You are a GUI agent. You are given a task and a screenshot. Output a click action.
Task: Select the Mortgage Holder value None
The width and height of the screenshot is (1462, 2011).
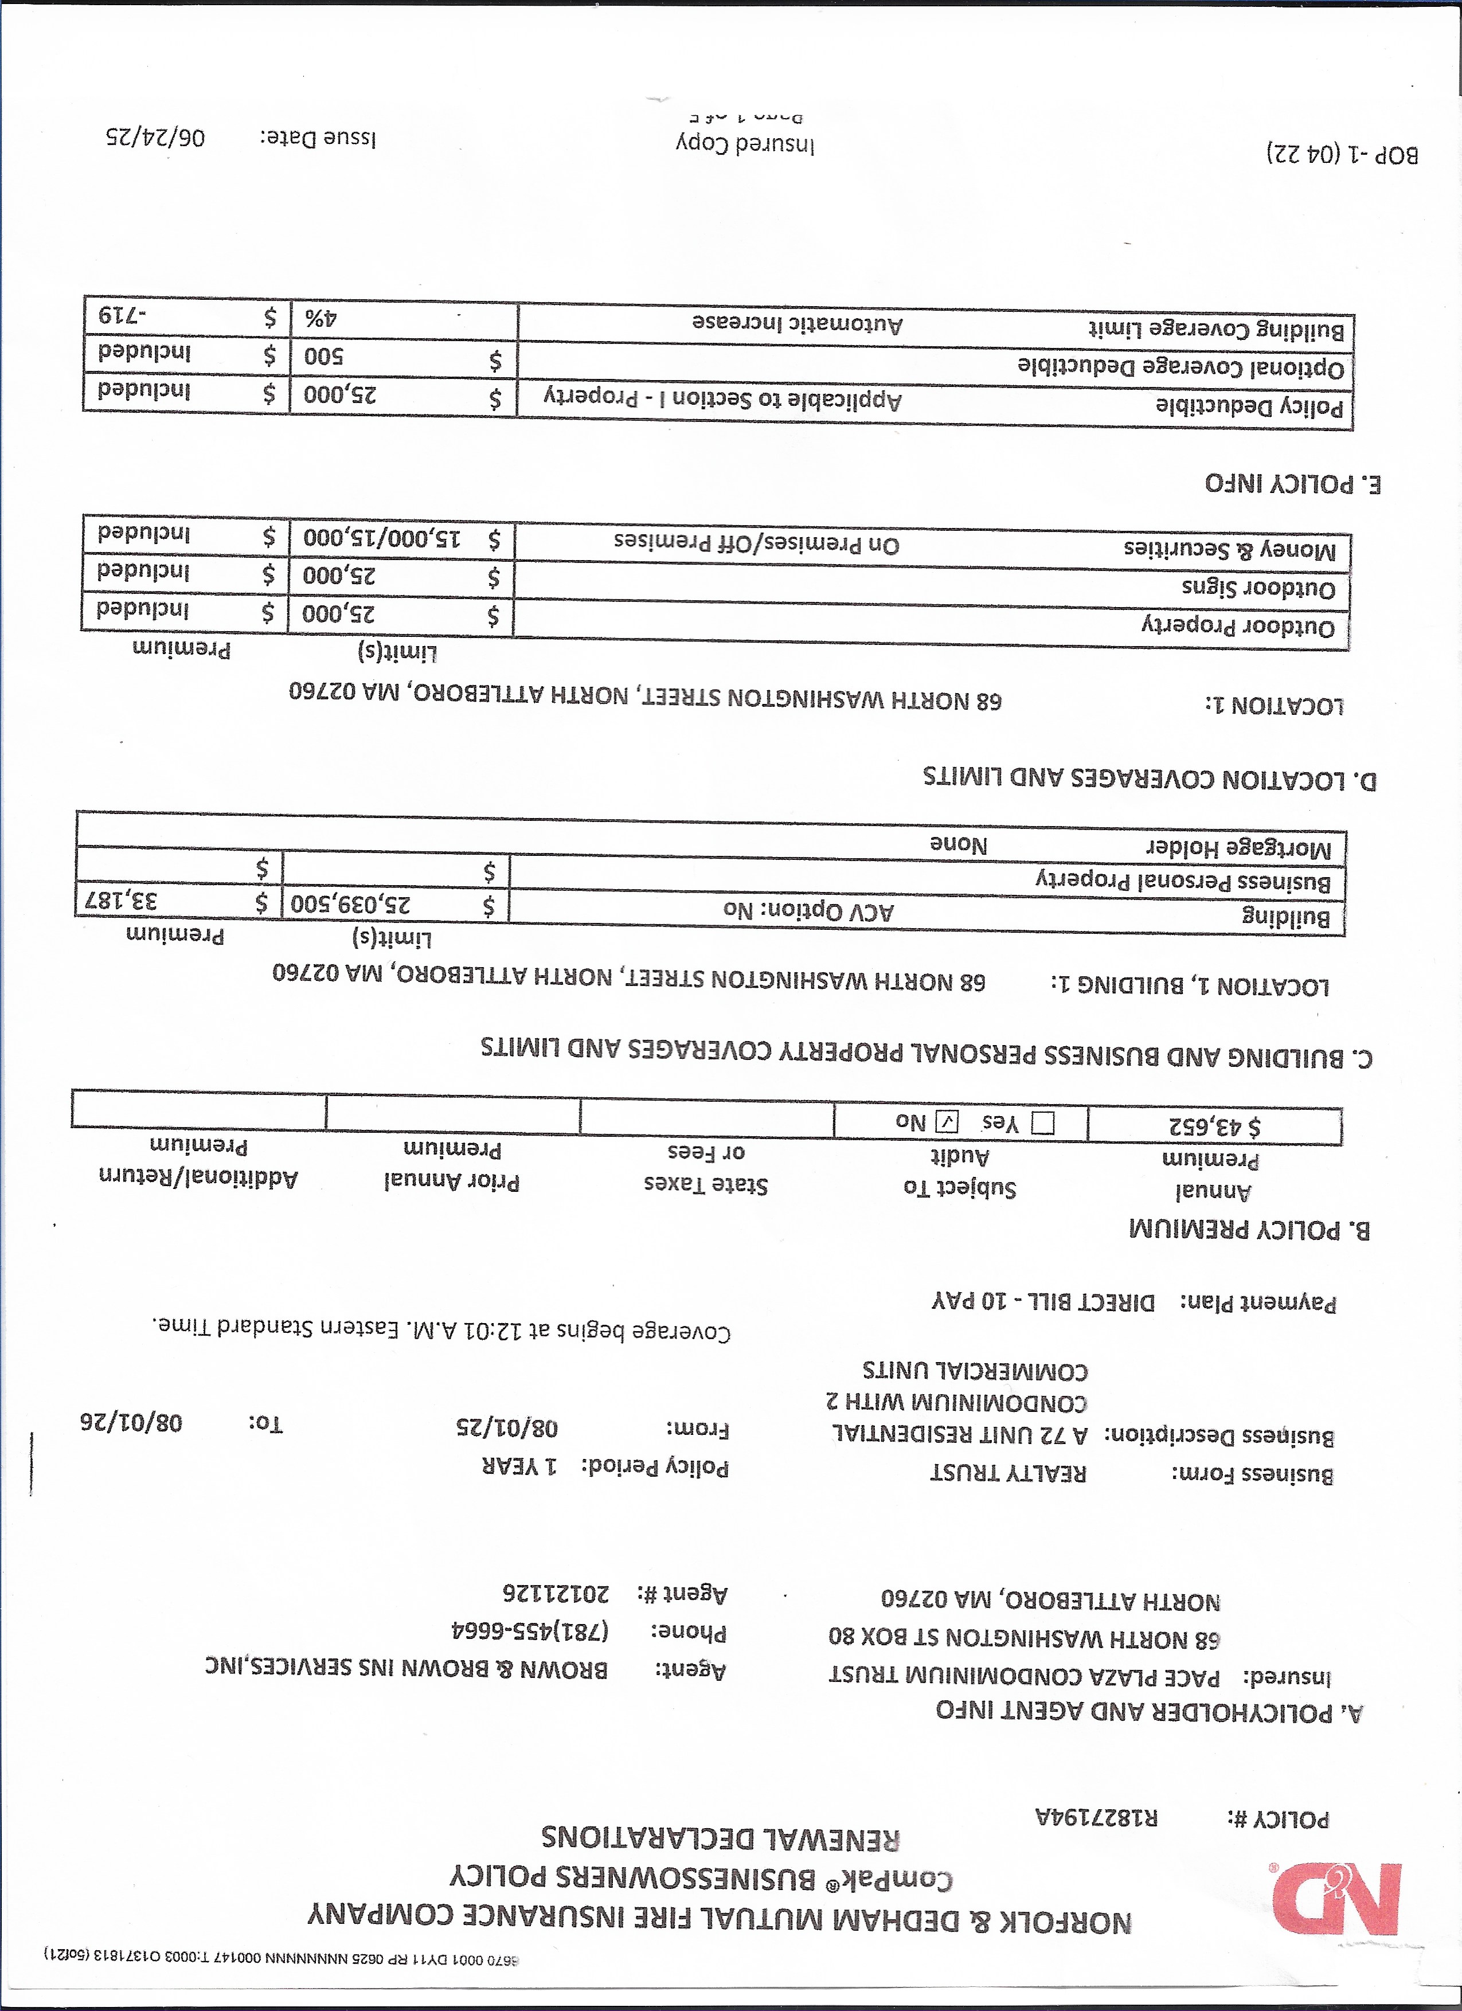(957, 844)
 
